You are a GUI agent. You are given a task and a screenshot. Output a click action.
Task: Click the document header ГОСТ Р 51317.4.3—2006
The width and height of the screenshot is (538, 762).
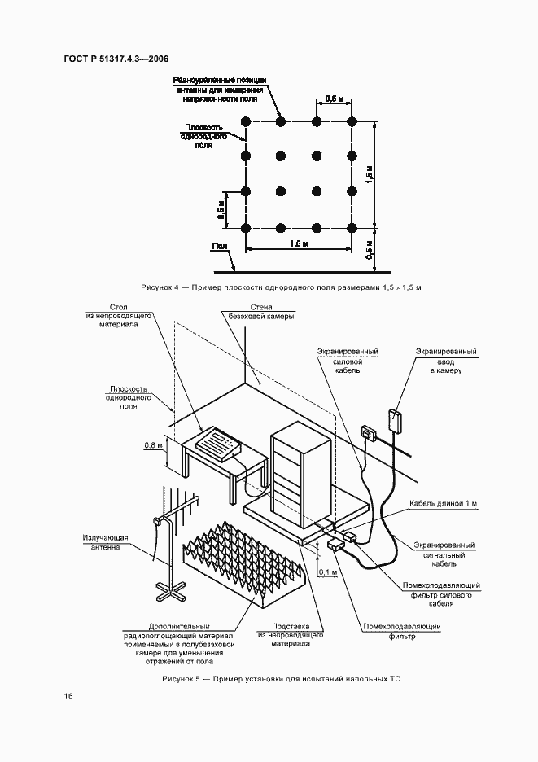(x=115, y=59)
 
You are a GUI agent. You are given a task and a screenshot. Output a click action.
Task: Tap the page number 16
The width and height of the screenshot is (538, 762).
(x=68, y=696)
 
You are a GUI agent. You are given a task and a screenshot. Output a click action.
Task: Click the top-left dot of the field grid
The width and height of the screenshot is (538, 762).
(x=245, y=122)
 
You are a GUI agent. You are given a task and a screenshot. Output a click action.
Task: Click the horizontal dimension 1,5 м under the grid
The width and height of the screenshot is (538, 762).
(x=299, y=243)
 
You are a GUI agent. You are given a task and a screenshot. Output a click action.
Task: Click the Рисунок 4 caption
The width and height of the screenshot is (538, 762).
(x=285, y=288)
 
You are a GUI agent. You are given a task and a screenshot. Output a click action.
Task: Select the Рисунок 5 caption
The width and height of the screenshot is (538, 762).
(x=282, y=678)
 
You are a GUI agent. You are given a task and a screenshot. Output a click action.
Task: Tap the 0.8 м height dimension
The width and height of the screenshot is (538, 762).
(x=154, y=445)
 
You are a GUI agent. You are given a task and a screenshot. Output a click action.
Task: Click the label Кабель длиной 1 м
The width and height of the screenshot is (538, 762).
(x=443, y=504)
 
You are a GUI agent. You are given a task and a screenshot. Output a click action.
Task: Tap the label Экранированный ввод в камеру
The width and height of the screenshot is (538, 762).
(x=445, y=361)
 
